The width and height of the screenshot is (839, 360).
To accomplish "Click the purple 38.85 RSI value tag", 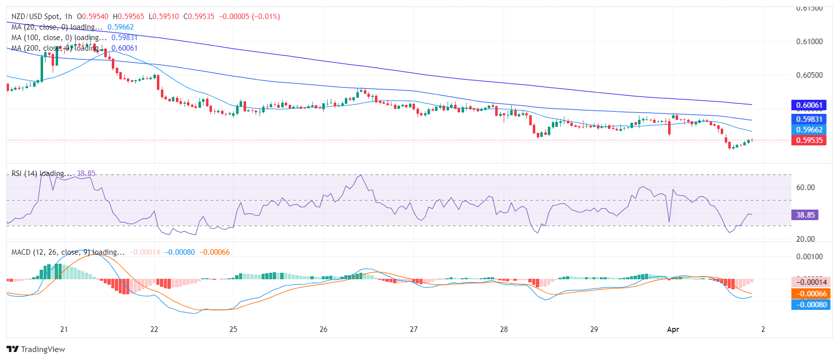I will (805, 215).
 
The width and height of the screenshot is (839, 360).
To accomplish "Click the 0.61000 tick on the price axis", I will (809, 42).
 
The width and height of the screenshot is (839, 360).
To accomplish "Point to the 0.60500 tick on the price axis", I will (809, 75).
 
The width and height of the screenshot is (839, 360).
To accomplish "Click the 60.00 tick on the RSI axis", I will (805, 188).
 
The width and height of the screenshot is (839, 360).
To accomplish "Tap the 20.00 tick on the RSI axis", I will (805, 239).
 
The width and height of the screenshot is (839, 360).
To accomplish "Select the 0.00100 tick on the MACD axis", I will (809, 257).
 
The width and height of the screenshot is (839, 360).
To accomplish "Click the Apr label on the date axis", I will (673, 329).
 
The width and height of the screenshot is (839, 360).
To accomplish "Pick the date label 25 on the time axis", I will (233, 329).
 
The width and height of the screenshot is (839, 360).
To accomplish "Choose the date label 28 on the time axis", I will (504, 329).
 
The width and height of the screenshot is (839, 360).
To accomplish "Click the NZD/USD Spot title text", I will (35, 17).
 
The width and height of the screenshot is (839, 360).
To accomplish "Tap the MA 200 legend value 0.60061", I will (124, 48).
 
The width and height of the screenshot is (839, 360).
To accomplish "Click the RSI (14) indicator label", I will (24, 173).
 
